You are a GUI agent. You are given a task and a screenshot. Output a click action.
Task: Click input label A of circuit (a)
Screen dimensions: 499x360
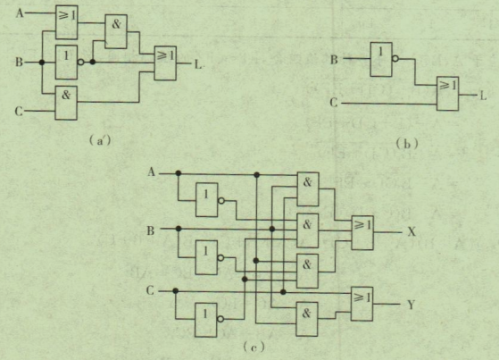pyautogui.click(x=20, y=13)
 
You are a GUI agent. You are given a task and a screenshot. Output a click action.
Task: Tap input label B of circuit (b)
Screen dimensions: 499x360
pyautogui.click(x=334, y=59)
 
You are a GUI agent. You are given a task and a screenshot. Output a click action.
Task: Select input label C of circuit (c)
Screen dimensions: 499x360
pyautogui.click(x=150, y=290)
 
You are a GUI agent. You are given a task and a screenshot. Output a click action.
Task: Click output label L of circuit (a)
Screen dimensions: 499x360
pyautogui.click(x=198, y=65)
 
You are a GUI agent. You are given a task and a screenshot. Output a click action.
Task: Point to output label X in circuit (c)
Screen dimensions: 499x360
pyautogui.click(x=412, y=231)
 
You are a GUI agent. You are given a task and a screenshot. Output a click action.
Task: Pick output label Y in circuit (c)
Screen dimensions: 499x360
pyautogui.click(x=411, y=305)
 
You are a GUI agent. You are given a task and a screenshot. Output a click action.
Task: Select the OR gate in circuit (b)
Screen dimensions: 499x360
pyautogui.click(x=447, y=94)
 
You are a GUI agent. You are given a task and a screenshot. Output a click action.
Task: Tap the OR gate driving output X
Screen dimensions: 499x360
pyautogui.click(x=362, y=232)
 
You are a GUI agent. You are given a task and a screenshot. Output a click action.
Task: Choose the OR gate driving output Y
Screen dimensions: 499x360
pyautogui.click(x=362, y=304)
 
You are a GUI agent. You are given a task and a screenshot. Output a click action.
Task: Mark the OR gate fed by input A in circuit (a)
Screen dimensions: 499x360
pyautogui.click(x=67, y=22)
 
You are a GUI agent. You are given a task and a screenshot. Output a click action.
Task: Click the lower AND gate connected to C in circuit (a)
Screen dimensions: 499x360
pyautogui.click(x=66, y=103)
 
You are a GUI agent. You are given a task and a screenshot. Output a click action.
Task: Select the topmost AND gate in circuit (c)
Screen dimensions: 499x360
pyautogui.click(x=308, y=189)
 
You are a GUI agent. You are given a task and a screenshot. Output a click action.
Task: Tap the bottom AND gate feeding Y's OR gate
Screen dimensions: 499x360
pyautogui.click(x=307, y=319)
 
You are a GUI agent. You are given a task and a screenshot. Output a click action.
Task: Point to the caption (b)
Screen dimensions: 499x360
pyautogui.click(x=407, y=144)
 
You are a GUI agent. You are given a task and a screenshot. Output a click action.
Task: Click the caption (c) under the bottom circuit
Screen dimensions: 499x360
pyautogui.click(x=254, y=347)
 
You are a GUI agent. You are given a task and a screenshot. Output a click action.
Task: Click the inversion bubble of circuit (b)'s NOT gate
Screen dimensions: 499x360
pyautogui.click(x=395, y=59)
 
